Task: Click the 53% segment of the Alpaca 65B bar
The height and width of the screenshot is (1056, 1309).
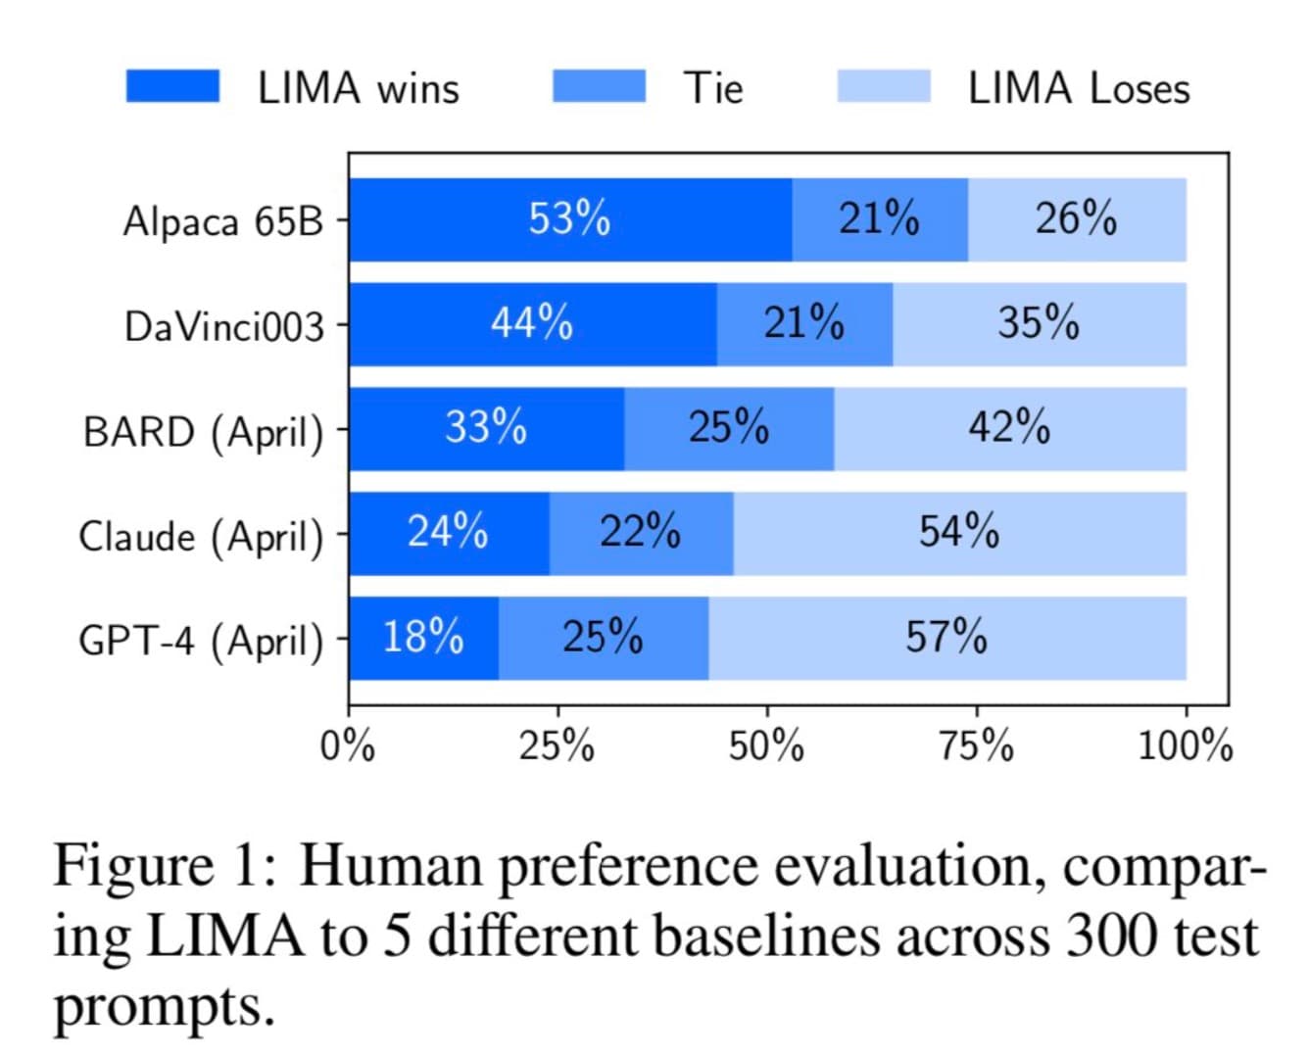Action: (x=570, y=219)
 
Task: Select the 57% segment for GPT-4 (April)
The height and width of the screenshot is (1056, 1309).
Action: (x=946, y=638)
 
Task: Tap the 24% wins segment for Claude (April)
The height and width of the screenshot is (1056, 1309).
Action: (x=449, y=533)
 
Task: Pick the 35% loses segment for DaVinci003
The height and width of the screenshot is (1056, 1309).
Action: (x=1039, y=324)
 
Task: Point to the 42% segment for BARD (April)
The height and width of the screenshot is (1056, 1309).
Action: (x=1009, y=428)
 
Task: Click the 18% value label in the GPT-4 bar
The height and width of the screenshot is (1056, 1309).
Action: (x=422, y=638)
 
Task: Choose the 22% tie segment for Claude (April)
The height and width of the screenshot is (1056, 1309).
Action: (x=641, y=533)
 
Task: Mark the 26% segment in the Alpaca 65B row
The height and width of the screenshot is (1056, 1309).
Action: (x=1076, y=219)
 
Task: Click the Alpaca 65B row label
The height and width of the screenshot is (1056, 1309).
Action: (x=223, y=221)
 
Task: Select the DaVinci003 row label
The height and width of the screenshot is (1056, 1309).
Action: (x=224, y=326)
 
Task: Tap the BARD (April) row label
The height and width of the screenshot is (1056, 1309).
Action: (x=204, y=432)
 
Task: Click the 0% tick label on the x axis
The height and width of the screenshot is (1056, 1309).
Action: (x=348, y=747)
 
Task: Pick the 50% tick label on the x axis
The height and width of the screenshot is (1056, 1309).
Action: (x=766, y=747)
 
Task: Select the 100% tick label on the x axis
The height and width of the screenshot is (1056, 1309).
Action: (x=1185, y=747)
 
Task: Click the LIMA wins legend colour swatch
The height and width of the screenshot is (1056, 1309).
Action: (x=172, y=86)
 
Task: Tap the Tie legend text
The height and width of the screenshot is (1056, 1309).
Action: (x=713, y=88)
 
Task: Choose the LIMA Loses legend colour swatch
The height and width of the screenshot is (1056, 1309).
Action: (x=884, y=86)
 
